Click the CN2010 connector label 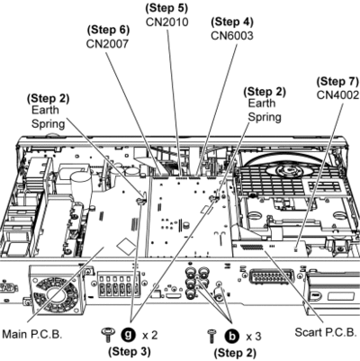[167, 22]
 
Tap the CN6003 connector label [232, 36]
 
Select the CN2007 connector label [107, 44]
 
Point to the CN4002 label [337, 95]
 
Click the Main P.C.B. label [32, 334]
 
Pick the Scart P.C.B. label [325, 332]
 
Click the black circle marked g [128, 334]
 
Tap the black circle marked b [232, 336]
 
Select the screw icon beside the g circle [108, 334]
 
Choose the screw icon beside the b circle [212, 336]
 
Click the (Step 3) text [130, 351]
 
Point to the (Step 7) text [337, 81]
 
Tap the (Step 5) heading [166, 8]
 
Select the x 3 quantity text [254, 337]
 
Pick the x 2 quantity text [149, 335]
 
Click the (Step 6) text [108, 30]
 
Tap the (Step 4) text [232, 22]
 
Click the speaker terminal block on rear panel [119, 285]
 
